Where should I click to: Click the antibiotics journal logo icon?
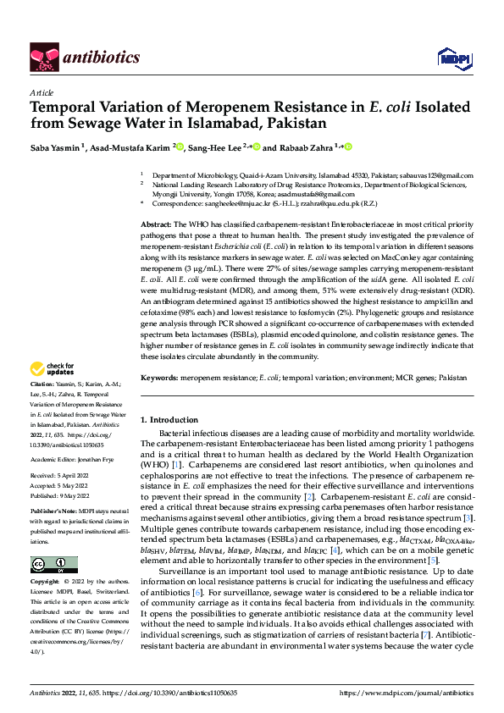tap(43, 57)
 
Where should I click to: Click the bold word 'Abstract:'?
tap(156, 222)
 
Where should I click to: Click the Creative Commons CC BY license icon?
tap(53, 565)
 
